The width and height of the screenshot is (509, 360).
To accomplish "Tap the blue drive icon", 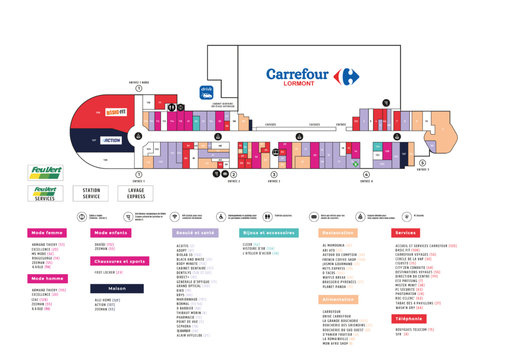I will pos(206,92).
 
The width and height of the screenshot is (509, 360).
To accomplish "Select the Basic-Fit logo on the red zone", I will pos(116,112).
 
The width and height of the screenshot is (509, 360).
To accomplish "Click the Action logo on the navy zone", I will pos(111,140).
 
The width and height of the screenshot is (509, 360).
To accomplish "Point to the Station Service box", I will pos(91,193).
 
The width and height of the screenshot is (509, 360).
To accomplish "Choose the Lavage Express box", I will pos(136,193).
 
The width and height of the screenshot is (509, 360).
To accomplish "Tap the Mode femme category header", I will pos(47,233).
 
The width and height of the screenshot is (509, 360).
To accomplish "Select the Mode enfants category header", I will pos(110,233).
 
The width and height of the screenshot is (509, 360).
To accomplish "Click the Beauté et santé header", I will pos(195,233).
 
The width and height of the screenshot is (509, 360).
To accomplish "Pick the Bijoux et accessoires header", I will pos(269,233).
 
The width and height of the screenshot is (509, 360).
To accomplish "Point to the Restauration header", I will pos(338,233).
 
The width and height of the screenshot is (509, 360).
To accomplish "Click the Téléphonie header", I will pos(409,319).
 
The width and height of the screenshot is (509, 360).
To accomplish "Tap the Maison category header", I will pos(117,288).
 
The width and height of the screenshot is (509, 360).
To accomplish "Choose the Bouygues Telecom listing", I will pos(412,329).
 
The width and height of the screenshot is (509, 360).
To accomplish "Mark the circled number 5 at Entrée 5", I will pos(423,163).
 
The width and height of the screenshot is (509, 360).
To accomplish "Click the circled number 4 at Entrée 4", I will pos(366,175).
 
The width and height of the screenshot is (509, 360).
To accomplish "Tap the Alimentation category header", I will pos(338,299).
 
